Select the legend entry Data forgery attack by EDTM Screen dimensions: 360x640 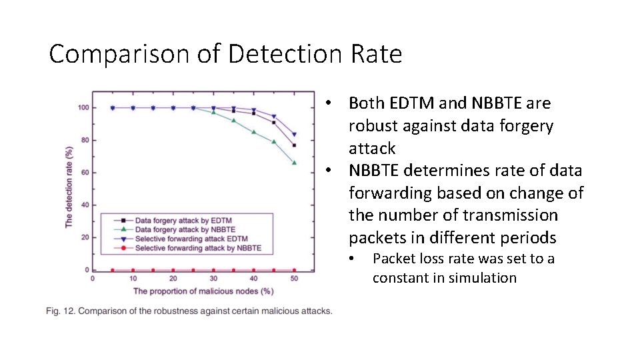[183, 220]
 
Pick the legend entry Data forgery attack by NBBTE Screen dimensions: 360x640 [185, 229]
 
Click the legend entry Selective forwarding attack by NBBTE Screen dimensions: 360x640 [198, 248]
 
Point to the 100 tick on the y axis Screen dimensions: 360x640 [84, 108]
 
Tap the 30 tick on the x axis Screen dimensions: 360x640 [213, 279]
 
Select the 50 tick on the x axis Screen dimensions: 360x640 [295, 279]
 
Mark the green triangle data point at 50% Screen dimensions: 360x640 [294, 163]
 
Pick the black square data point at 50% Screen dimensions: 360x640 [294, 145]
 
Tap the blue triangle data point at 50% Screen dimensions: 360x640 [294, 135]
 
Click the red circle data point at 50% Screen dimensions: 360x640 [294, 270]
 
